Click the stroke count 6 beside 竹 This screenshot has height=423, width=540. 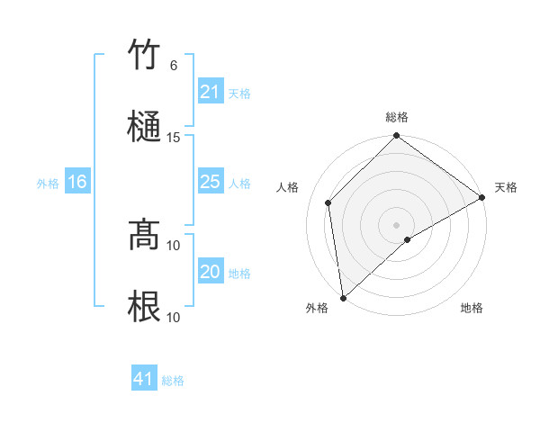(174, 66)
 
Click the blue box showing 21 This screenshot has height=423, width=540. (210, 92)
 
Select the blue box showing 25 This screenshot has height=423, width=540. (210, 182)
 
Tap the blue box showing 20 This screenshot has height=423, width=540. (210, 272)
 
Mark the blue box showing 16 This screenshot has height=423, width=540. (76, 182)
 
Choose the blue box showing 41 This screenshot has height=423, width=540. (144, 379)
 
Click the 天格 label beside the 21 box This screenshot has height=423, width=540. (239, 93)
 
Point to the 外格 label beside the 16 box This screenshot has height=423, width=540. (48, 183)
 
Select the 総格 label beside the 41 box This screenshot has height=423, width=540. (173, 381)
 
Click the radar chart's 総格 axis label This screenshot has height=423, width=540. (397, 117)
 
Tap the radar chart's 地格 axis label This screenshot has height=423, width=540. (472, 309)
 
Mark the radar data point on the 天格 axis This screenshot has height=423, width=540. (483, 198)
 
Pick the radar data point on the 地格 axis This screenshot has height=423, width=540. (408, 239)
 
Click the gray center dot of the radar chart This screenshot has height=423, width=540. (397, 224)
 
